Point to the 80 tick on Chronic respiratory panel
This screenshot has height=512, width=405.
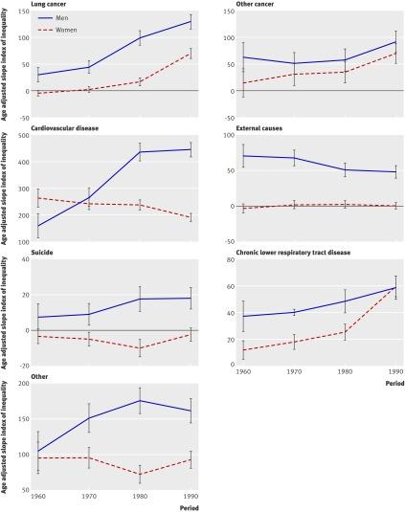228,260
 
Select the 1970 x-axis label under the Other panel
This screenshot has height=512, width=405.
88,497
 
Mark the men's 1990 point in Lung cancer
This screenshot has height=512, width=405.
191,21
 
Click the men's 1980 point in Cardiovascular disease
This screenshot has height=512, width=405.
141,152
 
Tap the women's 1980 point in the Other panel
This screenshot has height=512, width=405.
141,474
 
